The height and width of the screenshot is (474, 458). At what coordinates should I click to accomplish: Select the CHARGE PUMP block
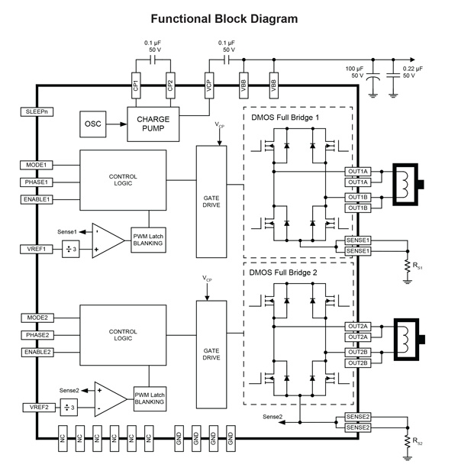click(153, 124)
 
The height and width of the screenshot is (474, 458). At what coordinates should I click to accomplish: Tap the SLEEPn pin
click(34, 111)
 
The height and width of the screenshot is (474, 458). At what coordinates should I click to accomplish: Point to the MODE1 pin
click(37, 165)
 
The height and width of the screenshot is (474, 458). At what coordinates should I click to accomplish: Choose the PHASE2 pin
click(37, 335)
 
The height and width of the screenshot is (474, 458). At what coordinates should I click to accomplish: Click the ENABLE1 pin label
click(37, 199)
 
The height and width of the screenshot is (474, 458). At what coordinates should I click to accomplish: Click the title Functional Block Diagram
click(224, 18)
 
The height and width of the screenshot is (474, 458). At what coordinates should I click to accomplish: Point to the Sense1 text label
click(68, 231)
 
